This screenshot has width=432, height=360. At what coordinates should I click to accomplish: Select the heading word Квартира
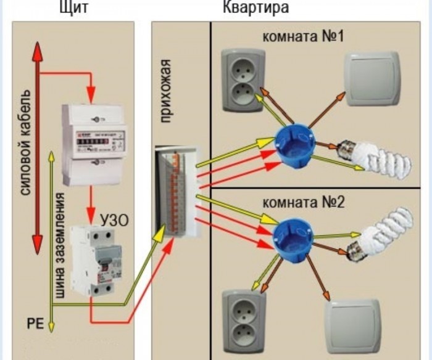click(x=255, y=8)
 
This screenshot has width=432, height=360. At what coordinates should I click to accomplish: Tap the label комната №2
click(x=303, y=203)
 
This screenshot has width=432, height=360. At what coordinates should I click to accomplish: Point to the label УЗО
click(x=115, y=219)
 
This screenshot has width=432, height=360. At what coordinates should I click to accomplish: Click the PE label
click(x=35, y=322)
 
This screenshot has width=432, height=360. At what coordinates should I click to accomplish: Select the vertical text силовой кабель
click(x=26, y=142)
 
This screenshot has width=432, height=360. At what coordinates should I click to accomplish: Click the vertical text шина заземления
click(x=60, y=246)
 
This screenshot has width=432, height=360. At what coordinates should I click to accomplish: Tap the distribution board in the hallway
click(x=178, y=192)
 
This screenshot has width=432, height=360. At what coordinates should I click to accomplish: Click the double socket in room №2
click(x=244, y=317)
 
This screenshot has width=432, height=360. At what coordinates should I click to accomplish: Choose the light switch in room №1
click(x=372, y=81)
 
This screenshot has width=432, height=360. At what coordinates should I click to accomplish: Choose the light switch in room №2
click(x=354, y=326)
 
